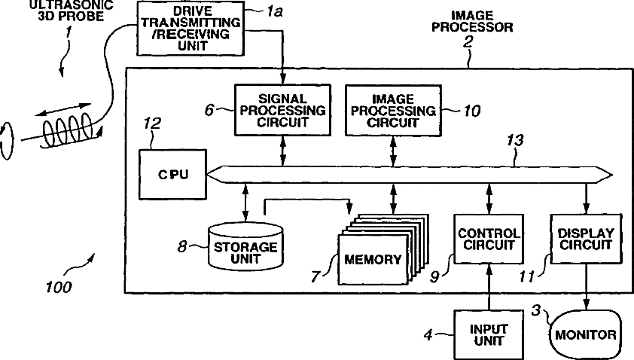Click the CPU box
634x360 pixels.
172,174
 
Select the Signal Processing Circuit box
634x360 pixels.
282,110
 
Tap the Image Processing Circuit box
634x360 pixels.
393,110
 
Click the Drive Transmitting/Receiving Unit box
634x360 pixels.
191,29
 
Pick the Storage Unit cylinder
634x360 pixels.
245,246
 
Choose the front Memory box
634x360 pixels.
373,259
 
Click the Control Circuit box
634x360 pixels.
489,239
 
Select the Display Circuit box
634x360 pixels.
586,239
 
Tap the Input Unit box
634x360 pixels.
489,335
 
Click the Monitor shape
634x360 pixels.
585,334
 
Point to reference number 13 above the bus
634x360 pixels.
515,140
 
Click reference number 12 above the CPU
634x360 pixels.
152,124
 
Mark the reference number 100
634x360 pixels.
59,287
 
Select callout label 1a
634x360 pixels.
275,12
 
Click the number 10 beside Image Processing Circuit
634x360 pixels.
471,111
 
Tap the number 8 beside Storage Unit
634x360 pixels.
182,246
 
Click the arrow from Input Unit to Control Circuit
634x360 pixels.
489,287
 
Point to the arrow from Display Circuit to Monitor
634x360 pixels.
587,287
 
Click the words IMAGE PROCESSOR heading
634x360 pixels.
472,21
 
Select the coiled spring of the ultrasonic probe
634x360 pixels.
69,131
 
